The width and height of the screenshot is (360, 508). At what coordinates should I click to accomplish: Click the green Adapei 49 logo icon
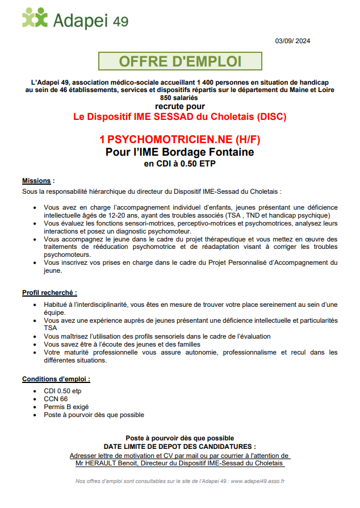35,18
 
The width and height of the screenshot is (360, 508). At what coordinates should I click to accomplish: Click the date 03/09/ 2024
292,41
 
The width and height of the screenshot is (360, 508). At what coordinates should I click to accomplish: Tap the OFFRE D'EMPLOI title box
180,61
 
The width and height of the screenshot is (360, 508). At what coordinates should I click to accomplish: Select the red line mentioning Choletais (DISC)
179,117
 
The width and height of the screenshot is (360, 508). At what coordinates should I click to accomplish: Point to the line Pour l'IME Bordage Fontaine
179,152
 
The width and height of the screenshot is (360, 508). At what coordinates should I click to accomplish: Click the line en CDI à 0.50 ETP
179,164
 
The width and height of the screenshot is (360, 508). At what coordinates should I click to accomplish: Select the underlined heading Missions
37,181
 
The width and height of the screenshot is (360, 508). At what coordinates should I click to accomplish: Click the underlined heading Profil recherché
49,293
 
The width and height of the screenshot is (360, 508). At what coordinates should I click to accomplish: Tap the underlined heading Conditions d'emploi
56,379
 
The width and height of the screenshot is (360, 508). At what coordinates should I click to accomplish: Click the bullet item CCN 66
56,399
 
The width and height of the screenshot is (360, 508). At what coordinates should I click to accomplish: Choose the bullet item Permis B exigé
66,407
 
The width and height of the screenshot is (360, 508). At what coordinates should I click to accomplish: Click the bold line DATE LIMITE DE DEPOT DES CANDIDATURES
179,447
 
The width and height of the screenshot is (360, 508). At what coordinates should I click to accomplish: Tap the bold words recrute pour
179,106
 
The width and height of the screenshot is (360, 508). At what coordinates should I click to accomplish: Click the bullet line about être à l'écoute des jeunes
122,344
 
